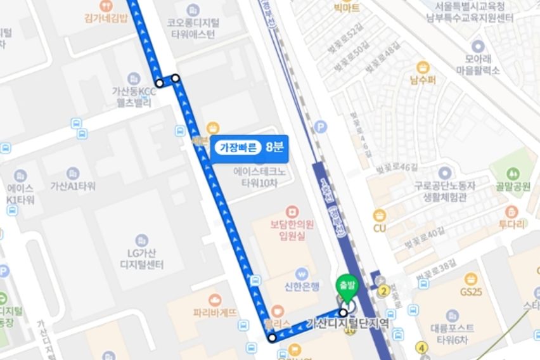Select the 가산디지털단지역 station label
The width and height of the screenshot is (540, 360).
pyautogui.click(x=347, y=323)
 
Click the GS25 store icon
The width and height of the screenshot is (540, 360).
pyautogui.click(x=470, y=279)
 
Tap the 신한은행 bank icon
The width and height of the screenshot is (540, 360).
pyautogui.click(x=302, y=273)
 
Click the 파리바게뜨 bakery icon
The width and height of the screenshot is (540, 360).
pyautogui.click(x=214, y=300)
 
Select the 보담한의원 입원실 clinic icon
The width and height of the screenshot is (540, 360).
pyautogui.click(x=292, y=211)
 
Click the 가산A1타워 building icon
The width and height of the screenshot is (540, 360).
pyautogui.click(x=72, y=173)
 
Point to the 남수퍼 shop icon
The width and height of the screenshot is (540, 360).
pyautogui.click(x=423, y=68)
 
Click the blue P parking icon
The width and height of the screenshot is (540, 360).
pyautogui.click(x=321, y=127)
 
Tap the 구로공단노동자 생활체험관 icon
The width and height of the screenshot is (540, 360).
pyautogui.click(x=444, y=172)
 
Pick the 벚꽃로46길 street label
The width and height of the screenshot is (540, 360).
pyautogui.click(x=397, y=167)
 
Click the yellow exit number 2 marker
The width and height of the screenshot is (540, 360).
pyautogui.click(x=383, y=291)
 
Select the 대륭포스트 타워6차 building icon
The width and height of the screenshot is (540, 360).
pyautogui.click(x=451, y=316)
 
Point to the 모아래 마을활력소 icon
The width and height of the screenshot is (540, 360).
pyautogui.click(x=477, y=46)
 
